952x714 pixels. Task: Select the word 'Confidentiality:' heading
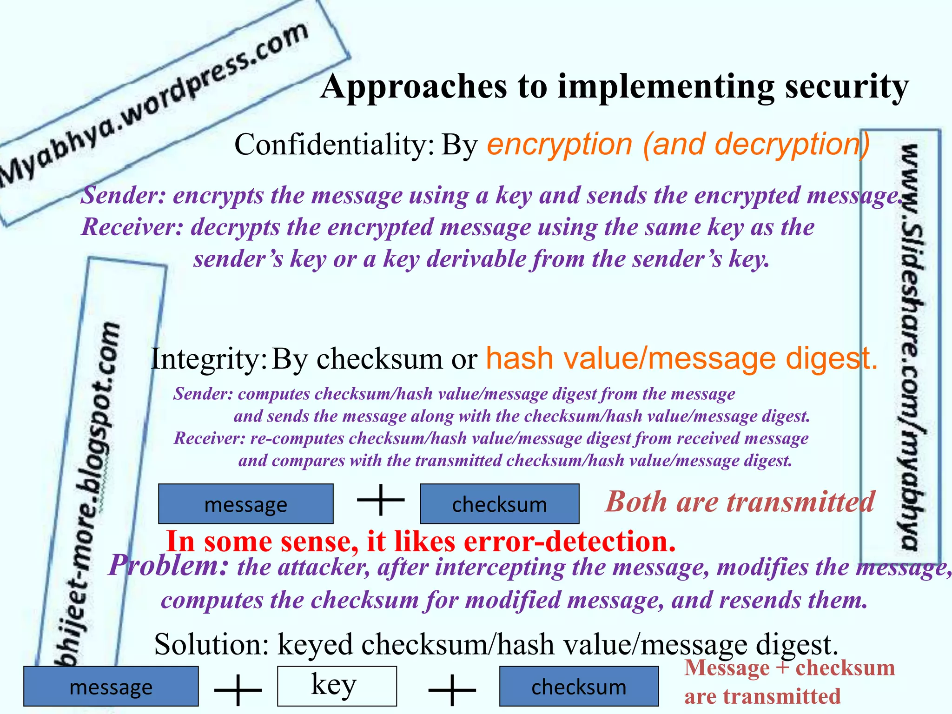(x=334, y=145)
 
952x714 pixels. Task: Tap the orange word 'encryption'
(x=560, y=145)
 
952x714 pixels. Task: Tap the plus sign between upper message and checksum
(x=381, y=500)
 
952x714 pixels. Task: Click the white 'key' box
(x=337, y=686)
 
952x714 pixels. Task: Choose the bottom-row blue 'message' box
(x=111, y=687)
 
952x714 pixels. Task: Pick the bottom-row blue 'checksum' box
(x=579, y=687)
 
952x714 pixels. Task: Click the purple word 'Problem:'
(x=168, y=566)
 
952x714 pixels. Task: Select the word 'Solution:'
(x=212, y=645)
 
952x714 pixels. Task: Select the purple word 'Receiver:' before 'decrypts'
(x=132, y=228)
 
